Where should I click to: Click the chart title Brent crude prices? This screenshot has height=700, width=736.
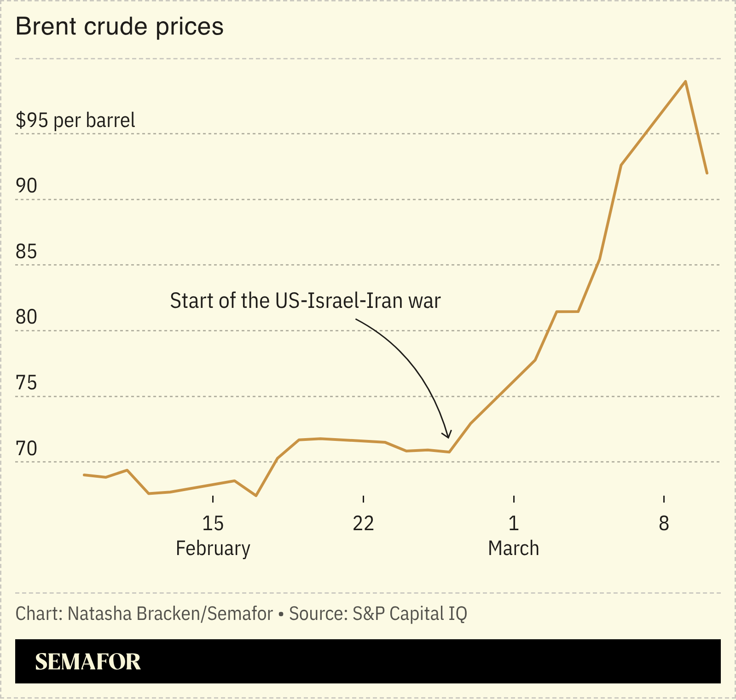[x=120, y=26]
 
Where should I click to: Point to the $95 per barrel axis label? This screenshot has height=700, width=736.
[x=75, y=120]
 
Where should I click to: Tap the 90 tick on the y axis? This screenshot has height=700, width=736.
[x=26, y=186]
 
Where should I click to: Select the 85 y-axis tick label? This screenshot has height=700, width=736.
[x=26, y=252]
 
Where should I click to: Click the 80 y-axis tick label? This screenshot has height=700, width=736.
[x=26, y=317]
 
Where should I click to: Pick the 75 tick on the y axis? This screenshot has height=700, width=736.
[x=26, y=383]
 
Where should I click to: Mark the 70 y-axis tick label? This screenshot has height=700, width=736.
[x=26, y=449]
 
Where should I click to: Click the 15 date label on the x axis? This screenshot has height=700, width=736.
[x=213, y=523]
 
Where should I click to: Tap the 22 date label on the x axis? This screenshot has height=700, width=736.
[x=363, y=523]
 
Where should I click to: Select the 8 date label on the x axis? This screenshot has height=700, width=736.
[x=664, y=523]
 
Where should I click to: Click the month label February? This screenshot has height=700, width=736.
[x=213, y=549]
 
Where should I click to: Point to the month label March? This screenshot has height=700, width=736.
[x=513, y=549]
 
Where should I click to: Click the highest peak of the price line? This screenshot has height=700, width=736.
[x=686, y=81]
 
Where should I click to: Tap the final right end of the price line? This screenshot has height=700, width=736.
[x=707, y=174]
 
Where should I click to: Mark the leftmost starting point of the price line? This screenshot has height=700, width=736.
[x=84, y=474]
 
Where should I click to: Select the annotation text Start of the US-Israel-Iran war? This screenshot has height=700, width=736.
[x=305, y=301]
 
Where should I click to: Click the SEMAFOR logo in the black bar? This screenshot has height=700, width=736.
[x=88, y=662]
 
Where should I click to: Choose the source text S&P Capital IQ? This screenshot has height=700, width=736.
[x=410, y=613]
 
